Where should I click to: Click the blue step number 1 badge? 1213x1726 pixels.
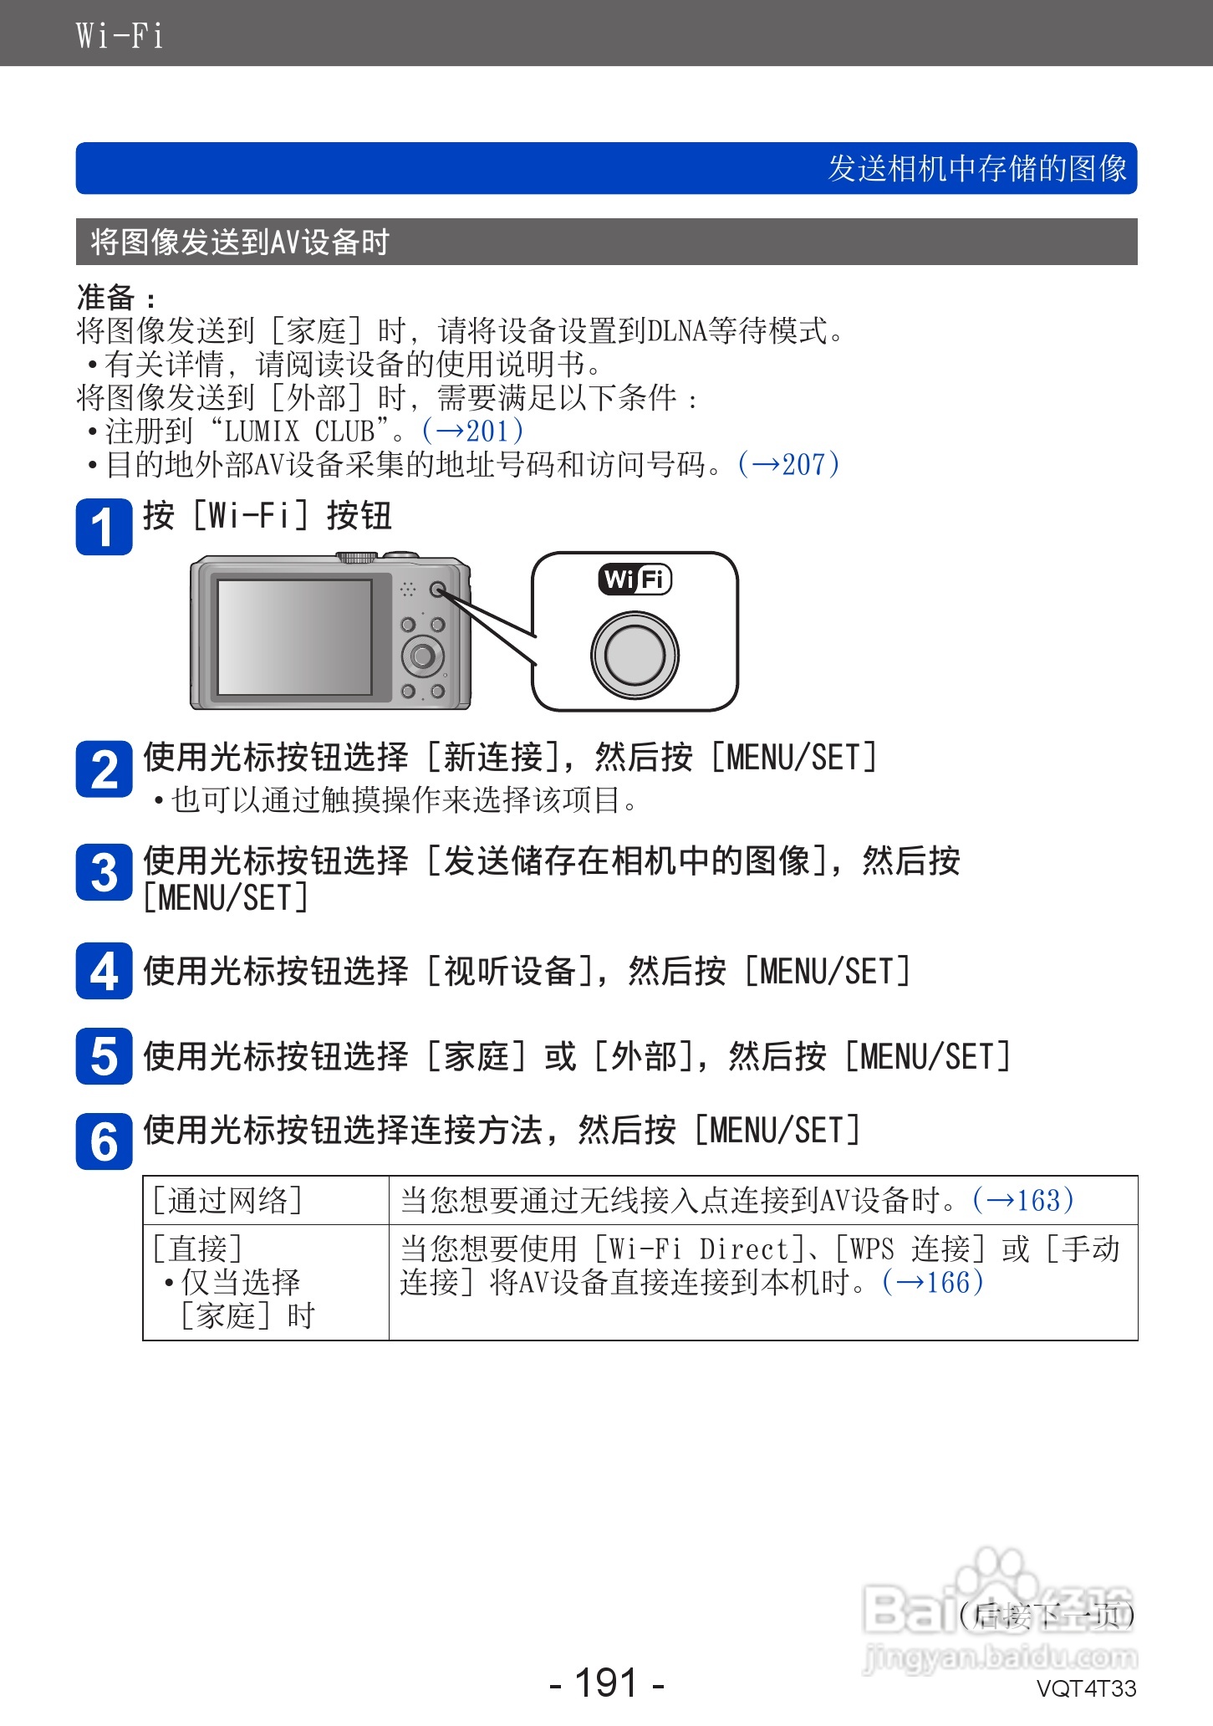[x=104, y=527]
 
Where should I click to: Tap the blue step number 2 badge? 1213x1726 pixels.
[x=104, y=769]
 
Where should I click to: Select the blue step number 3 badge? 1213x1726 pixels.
[x=104, y=873]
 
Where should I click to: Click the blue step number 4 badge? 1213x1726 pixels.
[x=104, y=971]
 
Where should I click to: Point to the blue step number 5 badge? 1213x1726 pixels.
[x=104, y=1056]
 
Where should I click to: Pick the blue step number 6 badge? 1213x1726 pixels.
[x=104, y=1141]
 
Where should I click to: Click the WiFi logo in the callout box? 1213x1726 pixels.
[x=635, y=579]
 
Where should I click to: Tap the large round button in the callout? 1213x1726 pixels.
[x=635, y=655]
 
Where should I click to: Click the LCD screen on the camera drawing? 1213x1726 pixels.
[x=294, y=637]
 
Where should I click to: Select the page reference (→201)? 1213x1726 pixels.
[x=473, y=431]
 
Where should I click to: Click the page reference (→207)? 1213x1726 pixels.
[x=788, y=464]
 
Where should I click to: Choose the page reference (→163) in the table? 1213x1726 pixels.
[x=1022, y=1200]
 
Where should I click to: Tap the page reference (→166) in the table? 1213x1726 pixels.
[x=932, y=1282]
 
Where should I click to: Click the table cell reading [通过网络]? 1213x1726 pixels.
[x=227, y=1200]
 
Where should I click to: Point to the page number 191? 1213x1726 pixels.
[x=607, y=1682]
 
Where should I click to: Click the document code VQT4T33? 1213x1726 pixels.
[x=1086, y=1688]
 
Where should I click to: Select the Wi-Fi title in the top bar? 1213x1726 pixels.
[x=120, y=35]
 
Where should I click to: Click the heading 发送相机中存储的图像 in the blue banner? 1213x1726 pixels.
[x=977, y=168]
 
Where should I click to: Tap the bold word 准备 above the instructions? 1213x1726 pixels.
[x=106, y=297]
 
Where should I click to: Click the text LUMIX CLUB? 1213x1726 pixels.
[x=299, y=431]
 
